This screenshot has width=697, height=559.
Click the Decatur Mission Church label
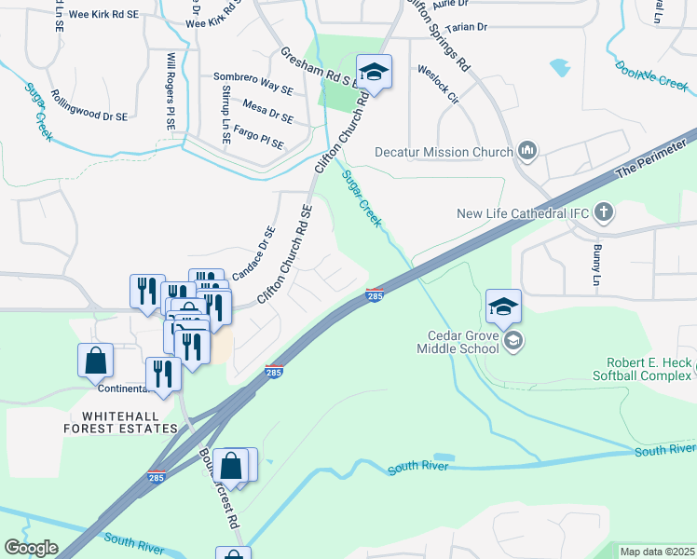tap(444, 152)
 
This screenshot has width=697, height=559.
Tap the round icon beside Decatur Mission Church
tap(527, 151)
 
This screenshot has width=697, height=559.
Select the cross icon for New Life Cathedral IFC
tap(603, 212)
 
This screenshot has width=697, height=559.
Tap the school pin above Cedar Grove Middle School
tap(503, 307)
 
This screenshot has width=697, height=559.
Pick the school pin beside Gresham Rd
tap(374, 72)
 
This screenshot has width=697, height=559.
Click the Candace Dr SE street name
tap(253, 254)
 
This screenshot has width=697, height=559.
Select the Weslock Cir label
tap(438, 81)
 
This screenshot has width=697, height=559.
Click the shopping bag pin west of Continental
tap(96, 361)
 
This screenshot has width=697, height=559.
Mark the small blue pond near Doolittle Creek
tap(560, 67)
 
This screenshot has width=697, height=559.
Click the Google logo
tap(32, 548)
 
